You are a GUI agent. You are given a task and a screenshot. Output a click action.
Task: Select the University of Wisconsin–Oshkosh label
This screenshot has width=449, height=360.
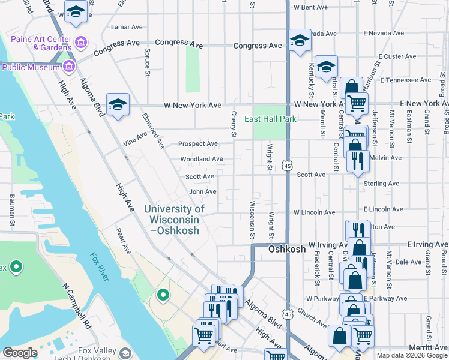[174, 219]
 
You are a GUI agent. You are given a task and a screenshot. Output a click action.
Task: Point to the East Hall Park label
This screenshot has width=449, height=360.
[270, 119]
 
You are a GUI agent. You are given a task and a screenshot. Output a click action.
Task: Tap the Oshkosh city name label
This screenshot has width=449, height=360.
[287, 249]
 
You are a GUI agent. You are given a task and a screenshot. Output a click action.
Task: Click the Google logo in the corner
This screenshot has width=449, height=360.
[20, 353]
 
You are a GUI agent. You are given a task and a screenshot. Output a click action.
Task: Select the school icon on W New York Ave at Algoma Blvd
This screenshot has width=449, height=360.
[118, 105]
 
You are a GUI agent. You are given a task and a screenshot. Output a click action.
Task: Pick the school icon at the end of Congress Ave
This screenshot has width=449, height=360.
[299, 41]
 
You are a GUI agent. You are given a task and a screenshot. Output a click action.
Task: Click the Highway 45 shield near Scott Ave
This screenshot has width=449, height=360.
[288, 164]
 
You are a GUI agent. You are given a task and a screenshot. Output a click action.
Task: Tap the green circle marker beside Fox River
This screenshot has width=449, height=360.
[162, 295]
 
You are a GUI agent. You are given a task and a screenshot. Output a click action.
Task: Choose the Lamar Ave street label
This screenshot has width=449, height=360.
[127, 27]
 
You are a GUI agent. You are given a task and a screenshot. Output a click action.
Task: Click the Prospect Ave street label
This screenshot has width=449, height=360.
[198, 144]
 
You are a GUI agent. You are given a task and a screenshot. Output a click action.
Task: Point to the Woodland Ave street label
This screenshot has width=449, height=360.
[202, 159]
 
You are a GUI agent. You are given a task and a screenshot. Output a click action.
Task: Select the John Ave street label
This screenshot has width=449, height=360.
[203, 191]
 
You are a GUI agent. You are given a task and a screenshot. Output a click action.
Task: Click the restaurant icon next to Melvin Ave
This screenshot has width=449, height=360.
[357, 160]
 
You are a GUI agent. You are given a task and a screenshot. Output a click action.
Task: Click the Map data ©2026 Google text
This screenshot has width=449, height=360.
[411, 355]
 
